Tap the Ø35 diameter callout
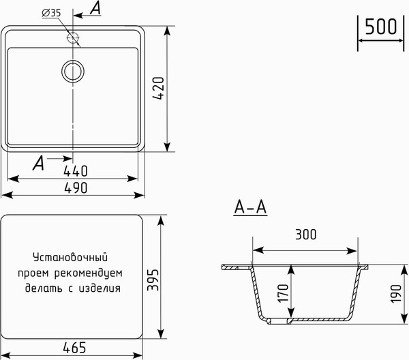(x=51, y=13)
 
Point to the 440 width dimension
(x=75, y=170)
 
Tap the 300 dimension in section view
(x=306, y=235)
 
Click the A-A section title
(x=249, y=207)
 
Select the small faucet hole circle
(x=73, y=37)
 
